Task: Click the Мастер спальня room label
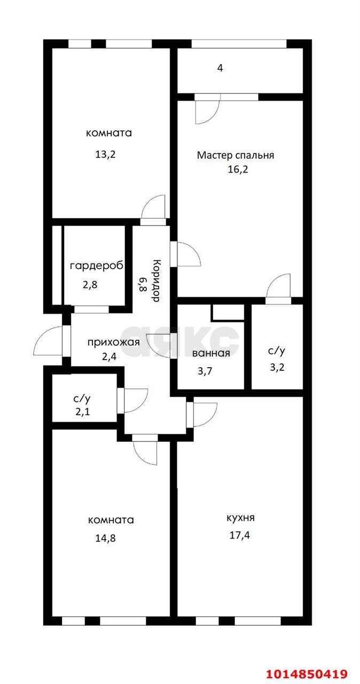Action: point(235,156)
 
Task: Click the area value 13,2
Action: point(105,154)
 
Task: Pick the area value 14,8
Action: point(105,538)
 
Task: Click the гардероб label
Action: point(97,266)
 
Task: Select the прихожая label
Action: point(114,343)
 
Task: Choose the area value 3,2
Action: point(276,368)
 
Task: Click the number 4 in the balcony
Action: point(220,68)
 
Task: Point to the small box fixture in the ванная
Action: point(227,313)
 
